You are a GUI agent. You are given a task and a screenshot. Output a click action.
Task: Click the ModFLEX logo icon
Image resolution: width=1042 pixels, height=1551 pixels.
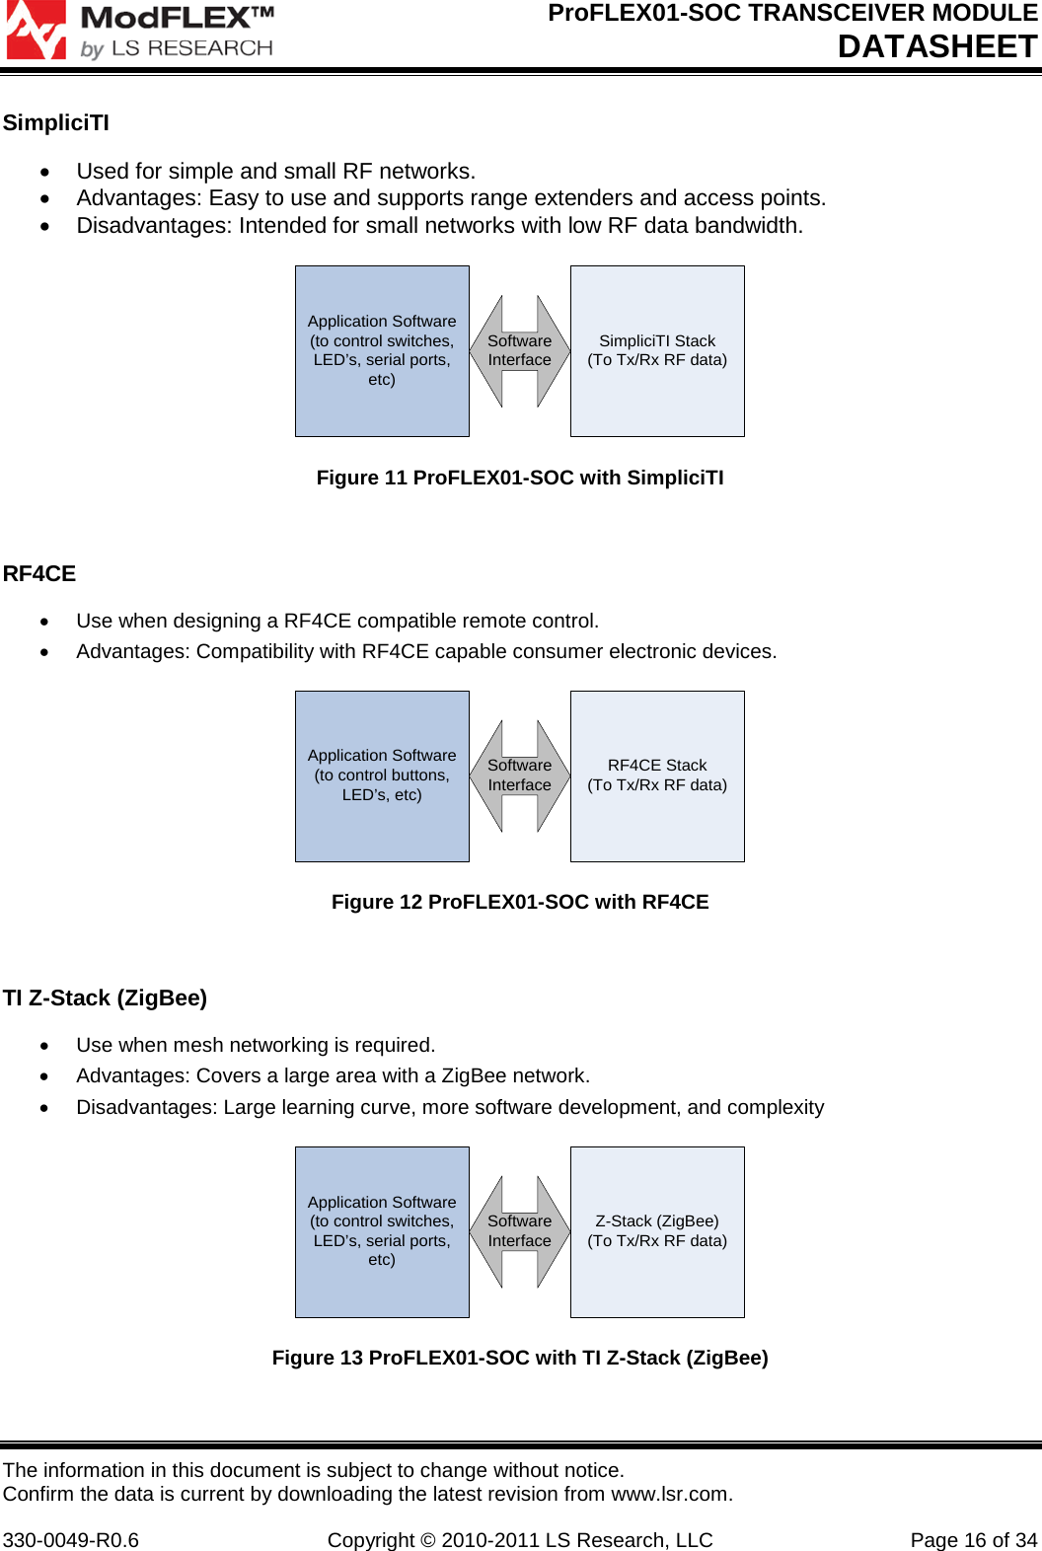point(36,30)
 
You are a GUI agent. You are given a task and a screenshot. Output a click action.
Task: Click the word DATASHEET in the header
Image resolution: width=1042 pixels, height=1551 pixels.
point(936,46)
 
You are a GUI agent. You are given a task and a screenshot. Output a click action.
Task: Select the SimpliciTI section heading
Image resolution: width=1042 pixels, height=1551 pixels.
point(56,123)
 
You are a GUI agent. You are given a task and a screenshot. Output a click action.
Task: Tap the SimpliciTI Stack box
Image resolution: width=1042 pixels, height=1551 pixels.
point(657,351)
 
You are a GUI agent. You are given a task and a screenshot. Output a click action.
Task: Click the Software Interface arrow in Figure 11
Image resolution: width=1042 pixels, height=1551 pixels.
point(520,351)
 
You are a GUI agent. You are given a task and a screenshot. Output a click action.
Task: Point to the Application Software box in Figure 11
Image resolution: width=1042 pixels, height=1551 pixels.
point(382,351)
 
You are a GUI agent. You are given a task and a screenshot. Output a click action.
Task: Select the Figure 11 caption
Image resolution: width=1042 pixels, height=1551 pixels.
point(520,478)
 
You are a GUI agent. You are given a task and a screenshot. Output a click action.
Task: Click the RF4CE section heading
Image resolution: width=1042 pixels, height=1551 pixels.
point(39,574)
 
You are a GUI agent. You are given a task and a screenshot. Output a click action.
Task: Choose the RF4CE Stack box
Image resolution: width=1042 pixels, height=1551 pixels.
point(657,775)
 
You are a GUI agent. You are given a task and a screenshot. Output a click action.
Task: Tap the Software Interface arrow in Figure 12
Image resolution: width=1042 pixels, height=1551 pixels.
point(520,775)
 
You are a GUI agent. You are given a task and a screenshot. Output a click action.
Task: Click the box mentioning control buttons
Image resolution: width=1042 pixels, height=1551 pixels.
point(382,775)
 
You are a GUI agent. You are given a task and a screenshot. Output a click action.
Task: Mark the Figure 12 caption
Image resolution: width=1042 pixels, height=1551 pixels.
point(520,902)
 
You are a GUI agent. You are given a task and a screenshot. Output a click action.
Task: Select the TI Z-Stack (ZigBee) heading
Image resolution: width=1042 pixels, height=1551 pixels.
point(106,998)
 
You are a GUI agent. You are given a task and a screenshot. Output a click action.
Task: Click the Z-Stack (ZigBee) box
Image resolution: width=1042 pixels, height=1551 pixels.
point(657,1231)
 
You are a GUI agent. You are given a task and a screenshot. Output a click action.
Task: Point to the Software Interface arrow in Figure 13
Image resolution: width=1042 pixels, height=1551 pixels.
point(520,1231)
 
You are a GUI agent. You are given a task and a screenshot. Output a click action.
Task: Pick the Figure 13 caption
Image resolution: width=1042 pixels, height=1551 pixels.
point(520,1358)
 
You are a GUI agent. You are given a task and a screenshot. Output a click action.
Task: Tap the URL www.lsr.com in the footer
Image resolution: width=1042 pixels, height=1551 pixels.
point(670,1494)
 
